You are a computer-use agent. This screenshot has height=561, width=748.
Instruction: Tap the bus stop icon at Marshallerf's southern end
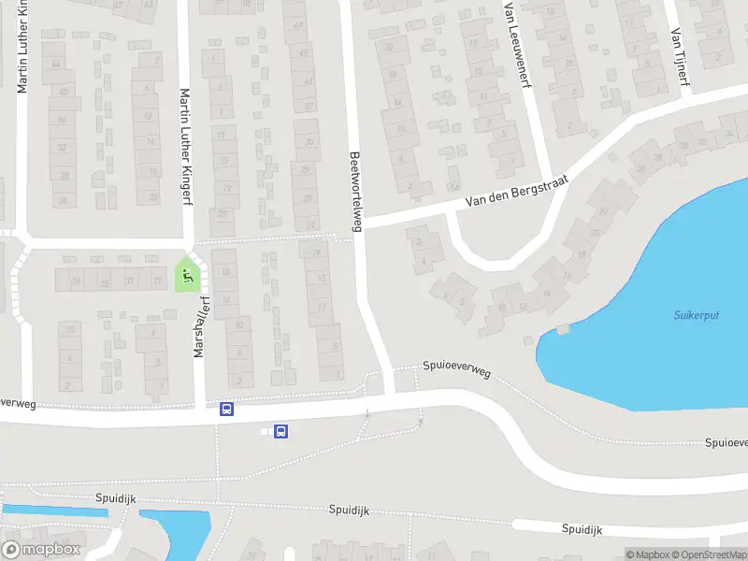[225, 409]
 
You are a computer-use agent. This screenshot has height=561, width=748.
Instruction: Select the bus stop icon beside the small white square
[281, 431]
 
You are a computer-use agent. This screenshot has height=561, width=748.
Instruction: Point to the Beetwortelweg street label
[355, 191]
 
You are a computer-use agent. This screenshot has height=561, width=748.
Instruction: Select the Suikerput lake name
[696, 315]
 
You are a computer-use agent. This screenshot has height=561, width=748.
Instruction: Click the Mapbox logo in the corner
[41, 549]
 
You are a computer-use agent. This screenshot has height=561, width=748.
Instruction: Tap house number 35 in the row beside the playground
[105, 281]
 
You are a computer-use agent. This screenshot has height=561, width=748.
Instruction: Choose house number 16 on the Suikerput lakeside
[584, 255]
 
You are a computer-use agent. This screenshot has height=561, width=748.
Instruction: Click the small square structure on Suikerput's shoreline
[562, 329]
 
